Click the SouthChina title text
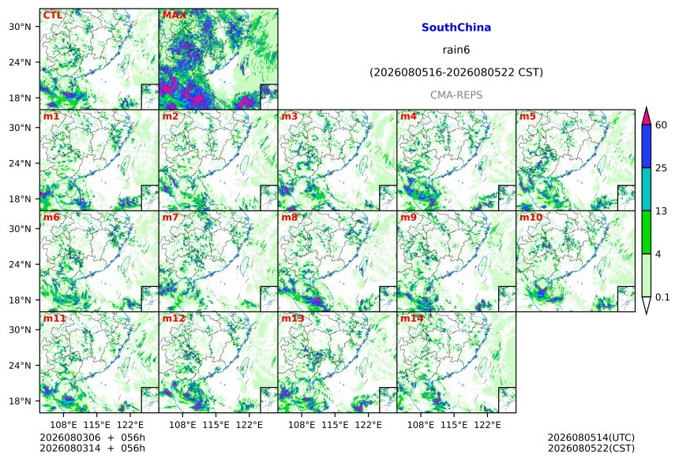(x=456, y=28)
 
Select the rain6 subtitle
(x=456, y=50)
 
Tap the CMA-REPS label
(x=456, y=95)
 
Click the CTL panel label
(x=53, y=15)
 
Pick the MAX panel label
(x=174, y=15)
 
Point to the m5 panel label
(x=527, y=117)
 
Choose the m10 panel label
(x=531, y=217)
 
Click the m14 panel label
(x=412, y=319)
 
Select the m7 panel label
(x=171, y=217)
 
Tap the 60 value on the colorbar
(x=661, y=125)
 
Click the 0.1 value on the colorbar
(x=662, y=297)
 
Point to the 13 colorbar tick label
(x=661, y=211)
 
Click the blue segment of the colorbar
(x=646, y=146)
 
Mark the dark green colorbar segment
(x=646, y=233)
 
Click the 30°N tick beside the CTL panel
(x=20, y=27)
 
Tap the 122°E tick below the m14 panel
(x=487, y=425)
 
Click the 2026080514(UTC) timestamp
(x=591, y=438)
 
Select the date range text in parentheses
(x=456, y=73)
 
